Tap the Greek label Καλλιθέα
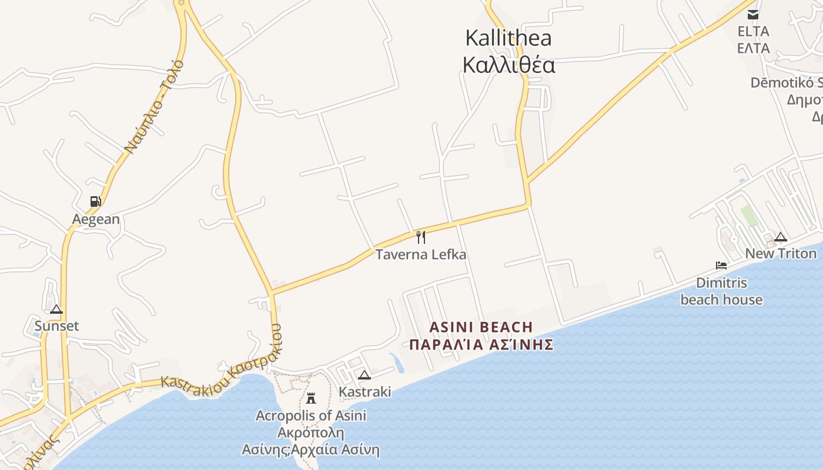[508, 65]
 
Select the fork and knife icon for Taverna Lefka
[421, 237]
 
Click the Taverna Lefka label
[421, 254]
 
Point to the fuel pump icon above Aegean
[95, 202]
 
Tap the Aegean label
[96, 219]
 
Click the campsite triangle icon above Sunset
[56, 310]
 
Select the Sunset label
[56, 326]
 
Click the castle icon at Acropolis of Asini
[311, 398]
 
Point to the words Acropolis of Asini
[311, 416]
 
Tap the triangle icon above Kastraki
[364, 375]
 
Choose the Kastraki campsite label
[365, 391]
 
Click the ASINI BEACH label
[481, 327]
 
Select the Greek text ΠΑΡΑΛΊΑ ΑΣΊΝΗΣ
[481, 344]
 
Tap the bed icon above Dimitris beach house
[721, 266]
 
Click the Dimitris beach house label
[721, 291]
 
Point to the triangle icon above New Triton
[781, 237]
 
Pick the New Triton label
[781, 254]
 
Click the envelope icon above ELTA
[753, 15]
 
